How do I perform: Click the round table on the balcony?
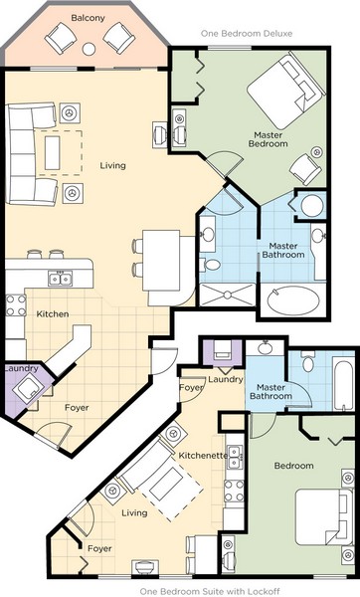[89, 49]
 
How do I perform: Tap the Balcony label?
[88, 18]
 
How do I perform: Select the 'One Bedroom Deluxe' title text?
[247, 34]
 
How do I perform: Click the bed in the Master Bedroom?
[285, 91]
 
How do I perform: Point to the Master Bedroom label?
[268, 139]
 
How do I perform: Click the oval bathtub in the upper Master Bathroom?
[293, 300]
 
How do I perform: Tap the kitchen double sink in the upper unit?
[60, 279]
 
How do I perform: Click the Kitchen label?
[53, 314]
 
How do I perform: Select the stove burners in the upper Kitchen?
[16, 305]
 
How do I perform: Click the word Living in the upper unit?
[112, 165]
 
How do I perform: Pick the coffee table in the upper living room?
[52, 153]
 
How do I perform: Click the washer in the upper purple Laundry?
[28, 389]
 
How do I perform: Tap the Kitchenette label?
[203, 456]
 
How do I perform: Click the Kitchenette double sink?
[235, 458]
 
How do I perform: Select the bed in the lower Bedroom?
[324, 516]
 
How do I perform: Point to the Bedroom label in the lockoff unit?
[293, 466]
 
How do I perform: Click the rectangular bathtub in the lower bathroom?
[343, 383]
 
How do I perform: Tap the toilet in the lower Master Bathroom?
[308, 361]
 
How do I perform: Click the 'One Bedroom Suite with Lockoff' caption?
[210, 592]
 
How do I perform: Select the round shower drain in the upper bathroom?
[228, 295]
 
